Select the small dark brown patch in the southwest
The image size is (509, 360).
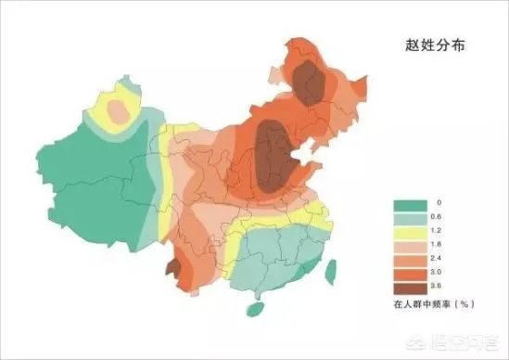[x=172, y=269]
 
